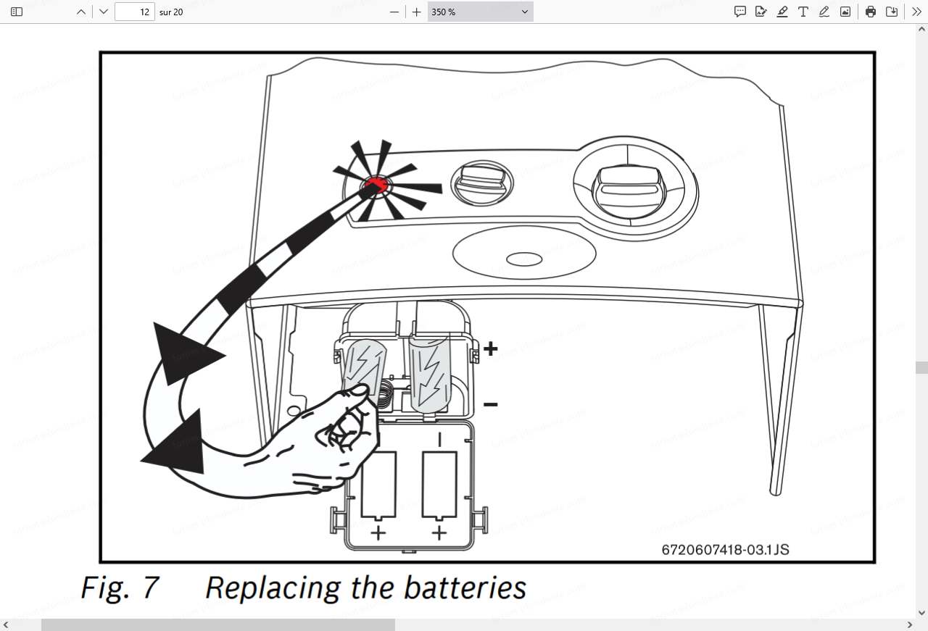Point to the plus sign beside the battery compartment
(x=491, y=349)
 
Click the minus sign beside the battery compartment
(x=491, y=404)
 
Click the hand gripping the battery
(x=333, y=442)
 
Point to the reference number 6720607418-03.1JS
(x=725, y=549)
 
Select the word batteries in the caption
(x=465, y=588)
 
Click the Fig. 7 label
(x=119, y=588)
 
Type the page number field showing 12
(x=135, y=12)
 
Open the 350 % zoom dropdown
(x=480, y=12)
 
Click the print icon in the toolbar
(x=871, y=12)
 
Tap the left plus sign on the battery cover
(x=378, y=534)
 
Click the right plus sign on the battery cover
(x=439, y=534)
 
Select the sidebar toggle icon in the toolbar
(x=17, y=12)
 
